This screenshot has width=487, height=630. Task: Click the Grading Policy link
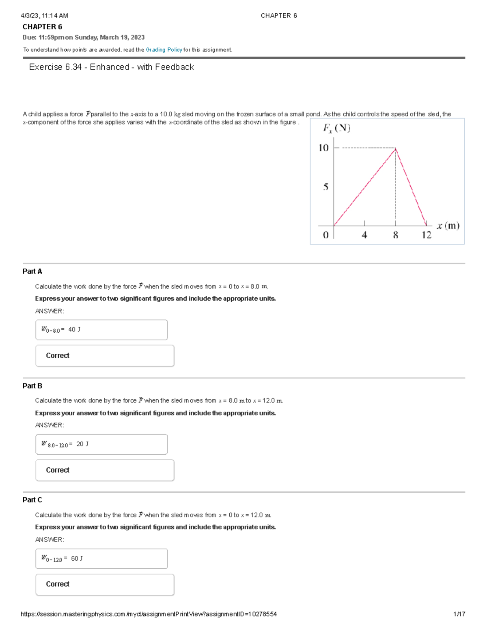[164, 50]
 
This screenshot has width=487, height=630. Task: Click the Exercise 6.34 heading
[111, 67]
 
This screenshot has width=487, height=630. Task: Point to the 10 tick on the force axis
[323, 148]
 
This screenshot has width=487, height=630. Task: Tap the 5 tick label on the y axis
[325, 187]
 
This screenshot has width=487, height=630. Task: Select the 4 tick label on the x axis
[364, 235]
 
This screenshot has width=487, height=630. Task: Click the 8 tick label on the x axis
[395, 235]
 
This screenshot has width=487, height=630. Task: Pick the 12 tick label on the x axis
[426, 235]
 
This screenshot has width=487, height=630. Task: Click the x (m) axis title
[448, 226]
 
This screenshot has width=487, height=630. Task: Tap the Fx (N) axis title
[336, 128]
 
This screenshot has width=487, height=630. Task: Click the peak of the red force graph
[396, 149]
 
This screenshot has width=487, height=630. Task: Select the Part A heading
[32, 271]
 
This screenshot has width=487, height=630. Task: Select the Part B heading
[32, 386]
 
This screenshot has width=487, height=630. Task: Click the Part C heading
[32, 500]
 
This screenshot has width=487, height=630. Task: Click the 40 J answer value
[74, 329]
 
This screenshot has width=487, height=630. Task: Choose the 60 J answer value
[77, 559]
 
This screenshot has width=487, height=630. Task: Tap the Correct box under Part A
[105, 356]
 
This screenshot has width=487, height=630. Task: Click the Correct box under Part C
[105, 585]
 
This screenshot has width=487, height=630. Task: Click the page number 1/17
[459, 614]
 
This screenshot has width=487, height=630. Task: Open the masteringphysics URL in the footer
[149, 614]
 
